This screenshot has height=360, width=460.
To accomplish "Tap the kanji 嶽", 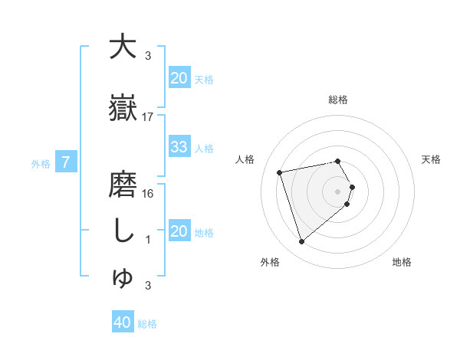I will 123,107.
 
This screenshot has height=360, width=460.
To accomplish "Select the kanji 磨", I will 123,186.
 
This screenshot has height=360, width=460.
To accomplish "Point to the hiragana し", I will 123,231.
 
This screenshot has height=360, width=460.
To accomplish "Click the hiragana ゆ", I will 123,280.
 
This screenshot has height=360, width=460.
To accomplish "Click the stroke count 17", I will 148,117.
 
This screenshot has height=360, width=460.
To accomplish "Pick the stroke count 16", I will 148,194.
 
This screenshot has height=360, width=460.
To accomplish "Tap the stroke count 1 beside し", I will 148,240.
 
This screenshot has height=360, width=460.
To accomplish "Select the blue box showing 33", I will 179,148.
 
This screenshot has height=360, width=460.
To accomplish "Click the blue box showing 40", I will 123,323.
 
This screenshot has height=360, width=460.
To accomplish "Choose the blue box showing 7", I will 67,162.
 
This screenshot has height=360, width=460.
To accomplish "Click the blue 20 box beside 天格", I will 179,78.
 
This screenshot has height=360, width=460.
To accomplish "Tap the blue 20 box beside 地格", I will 179,231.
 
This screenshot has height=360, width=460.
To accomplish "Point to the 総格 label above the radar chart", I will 338,100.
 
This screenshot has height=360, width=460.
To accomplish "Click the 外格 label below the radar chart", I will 270,262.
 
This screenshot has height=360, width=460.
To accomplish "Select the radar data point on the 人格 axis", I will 280,172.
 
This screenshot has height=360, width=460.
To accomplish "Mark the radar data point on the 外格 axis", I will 301,242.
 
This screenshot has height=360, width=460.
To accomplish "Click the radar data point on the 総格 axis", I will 338,161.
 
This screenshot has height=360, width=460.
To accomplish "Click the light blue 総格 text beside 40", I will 147,324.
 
